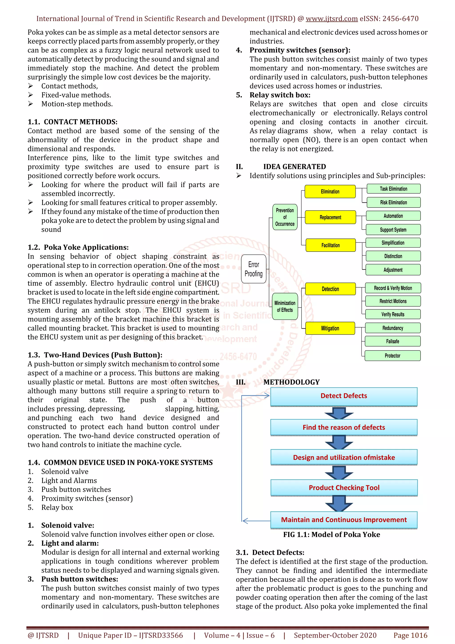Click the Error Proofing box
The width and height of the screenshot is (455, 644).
coord(253,269)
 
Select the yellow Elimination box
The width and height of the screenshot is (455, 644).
coord(330,192)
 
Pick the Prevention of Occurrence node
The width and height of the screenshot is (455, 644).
coord(285,217)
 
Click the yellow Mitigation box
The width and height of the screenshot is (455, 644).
coord(330,328)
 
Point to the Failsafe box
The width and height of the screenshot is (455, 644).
coord(393,341)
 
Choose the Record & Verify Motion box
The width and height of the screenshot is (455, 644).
coord(393,288)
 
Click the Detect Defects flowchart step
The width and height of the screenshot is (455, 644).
coord(344,396)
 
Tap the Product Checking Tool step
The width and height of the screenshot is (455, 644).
coord(344,488)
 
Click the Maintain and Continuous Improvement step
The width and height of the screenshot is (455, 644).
coord(344,520)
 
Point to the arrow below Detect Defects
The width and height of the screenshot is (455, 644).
coord(339,413)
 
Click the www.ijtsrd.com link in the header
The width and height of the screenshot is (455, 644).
coord(331,19)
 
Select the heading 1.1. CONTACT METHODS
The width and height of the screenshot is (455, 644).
coord(72,122)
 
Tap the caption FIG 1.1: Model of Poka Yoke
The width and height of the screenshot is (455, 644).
coord(331,535)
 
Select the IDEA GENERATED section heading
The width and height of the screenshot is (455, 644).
coord(294,167)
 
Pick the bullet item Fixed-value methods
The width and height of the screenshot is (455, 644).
coord(76,95)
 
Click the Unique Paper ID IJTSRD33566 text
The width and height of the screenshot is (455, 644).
coord(130,635)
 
